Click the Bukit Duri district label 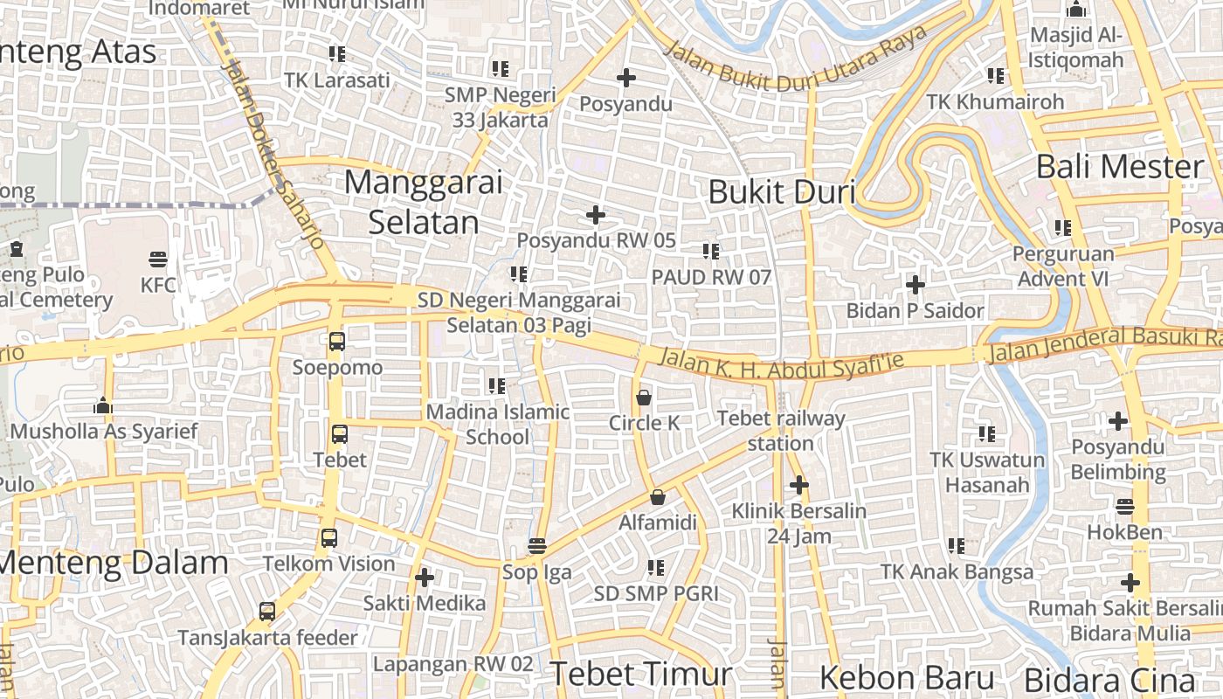click(781, 191)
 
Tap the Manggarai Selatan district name click(424, 202)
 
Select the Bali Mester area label click(1120, 166)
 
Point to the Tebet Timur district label click(640, 674)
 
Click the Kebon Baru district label click(907, 678)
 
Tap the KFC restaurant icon click(158, 259)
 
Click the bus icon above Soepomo click(337, 342)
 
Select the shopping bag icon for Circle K click(644, 398)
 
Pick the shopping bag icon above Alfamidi click(658, 497)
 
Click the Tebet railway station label click(781, 431)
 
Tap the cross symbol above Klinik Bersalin click(798, 485)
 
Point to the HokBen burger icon click(1125, 506)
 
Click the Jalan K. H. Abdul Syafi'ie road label click(780, 361)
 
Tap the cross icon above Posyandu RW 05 click(596, 215)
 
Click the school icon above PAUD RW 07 click(711, 252)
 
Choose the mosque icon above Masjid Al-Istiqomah click(1076, 10)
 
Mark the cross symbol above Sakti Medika click(425, 578)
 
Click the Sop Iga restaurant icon click(537, 547)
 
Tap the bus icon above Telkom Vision click(329, 538)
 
